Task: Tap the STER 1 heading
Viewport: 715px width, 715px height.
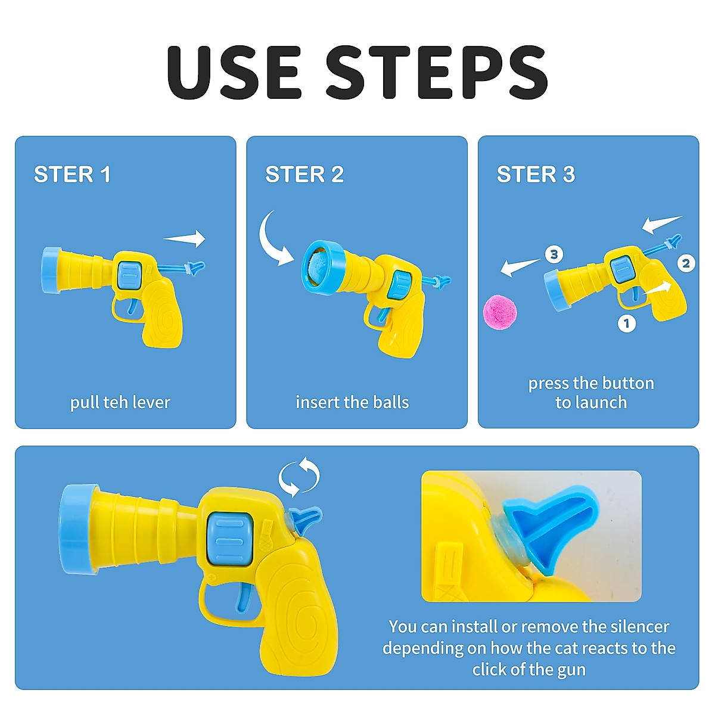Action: [72, 175]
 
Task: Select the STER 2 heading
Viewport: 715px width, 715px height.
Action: [304, 175]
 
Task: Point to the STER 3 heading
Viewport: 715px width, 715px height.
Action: [536, 175]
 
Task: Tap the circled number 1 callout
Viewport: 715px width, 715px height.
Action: [626, 324]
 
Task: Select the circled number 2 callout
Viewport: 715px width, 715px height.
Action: [686, 263]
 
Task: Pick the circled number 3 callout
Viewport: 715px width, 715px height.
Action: [554, 254]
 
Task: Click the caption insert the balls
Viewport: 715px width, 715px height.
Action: [352, 403]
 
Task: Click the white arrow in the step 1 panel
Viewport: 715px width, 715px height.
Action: [185, 239]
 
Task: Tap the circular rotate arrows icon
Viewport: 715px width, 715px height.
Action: [299, 477]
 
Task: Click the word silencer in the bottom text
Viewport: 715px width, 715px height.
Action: [632, 627]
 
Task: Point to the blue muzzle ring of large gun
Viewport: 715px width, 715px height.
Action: [76, 529]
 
